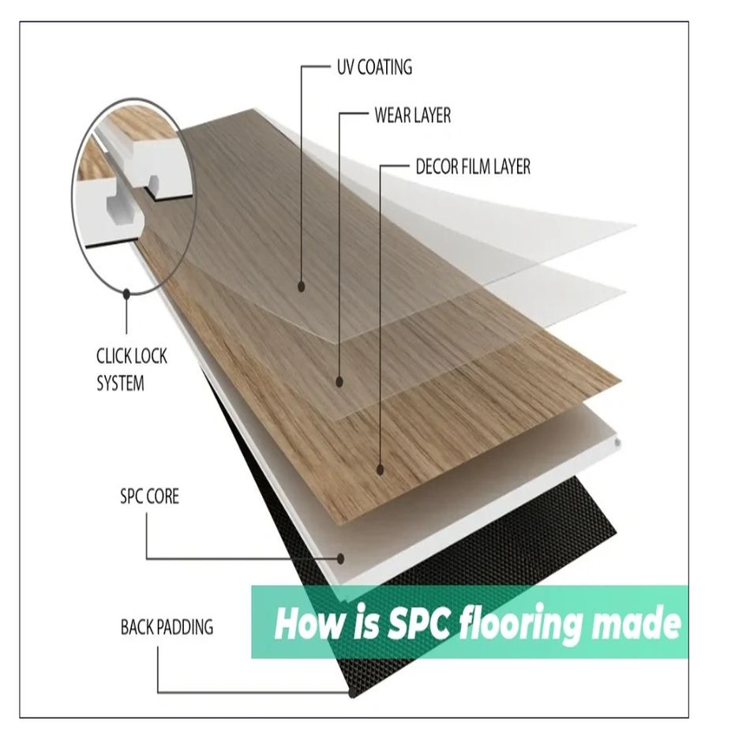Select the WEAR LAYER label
click(x=412, y=116)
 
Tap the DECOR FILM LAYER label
click(x=473, y=167)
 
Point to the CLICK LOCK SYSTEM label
click(x=132, y=369)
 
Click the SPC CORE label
click(x=149, y=497)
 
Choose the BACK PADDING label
click(x=167, y=628)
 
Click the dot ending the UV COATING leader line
click(x=301, y=287)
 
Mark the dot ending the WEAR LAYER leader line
click(x=339, y=382)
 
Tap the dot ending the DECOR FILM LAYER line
click(x=380, y=470)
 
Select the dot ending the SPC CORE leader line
click(x=342, y=557)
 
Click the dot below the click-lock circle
click(x=126, y=293)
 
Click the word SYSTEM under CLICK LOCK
click(x=121, y=384)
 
